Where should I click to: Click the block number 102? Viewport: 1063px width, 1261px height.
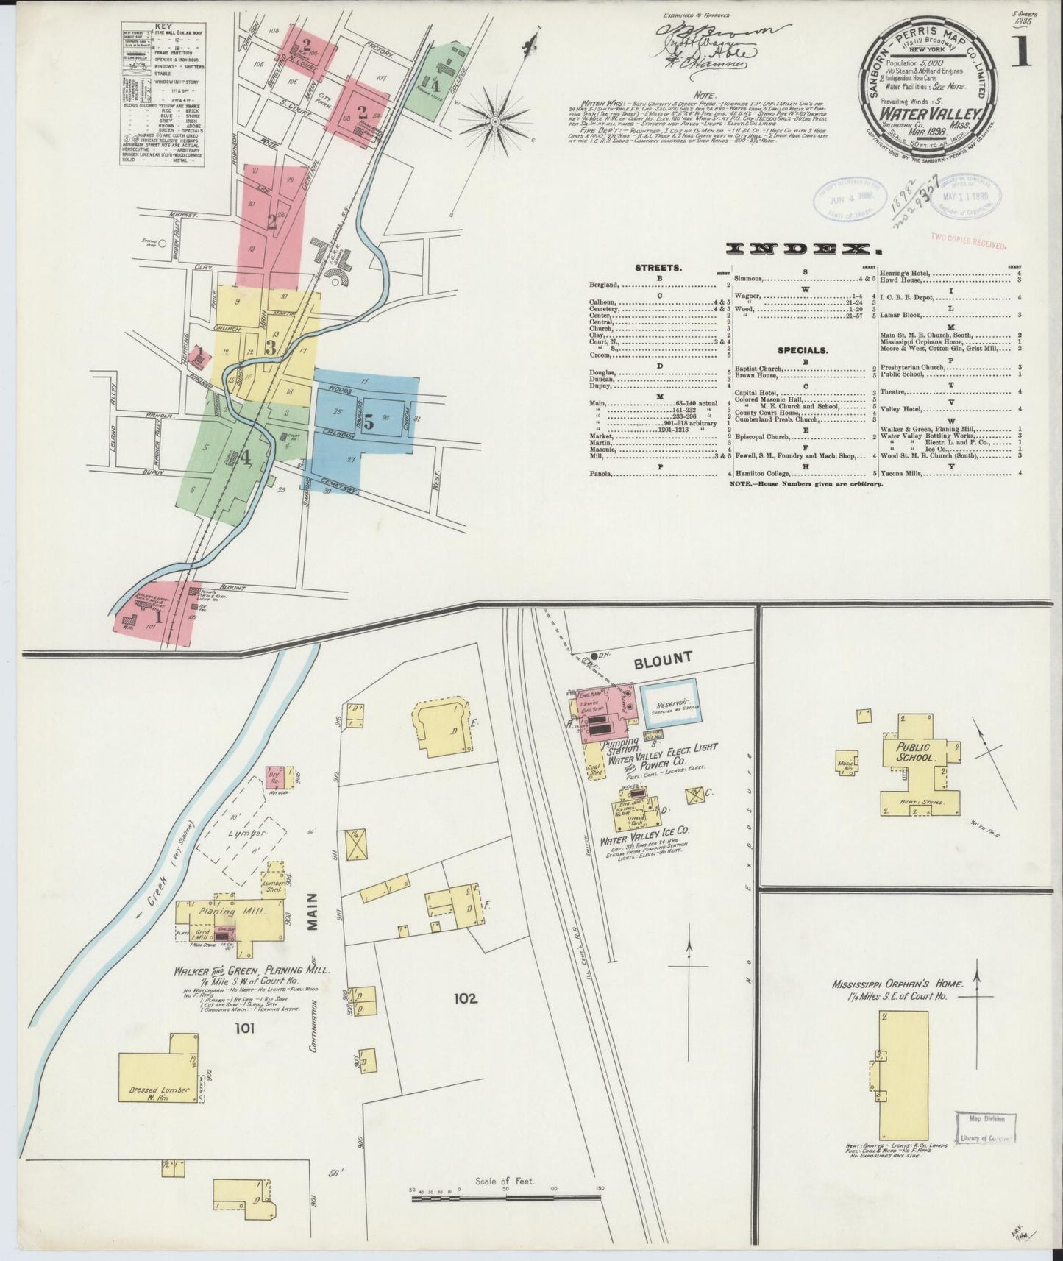click(x=466, y=998)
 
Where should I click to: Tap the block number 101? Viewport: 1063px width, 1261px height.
click(x=244, y=1029)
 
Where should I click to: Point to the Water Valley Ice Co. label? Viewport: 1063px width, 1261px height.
click(x=644, y=839)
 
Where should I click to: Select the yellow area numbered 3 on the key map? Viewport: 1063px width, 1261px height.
click(x=271, y=347)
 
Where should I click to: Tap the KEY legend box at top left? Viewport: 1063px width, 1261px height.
click(x=163, y=94)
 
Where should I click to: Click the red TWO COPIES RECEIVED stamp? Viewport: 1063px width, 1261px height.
click(x=968, y=238)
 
